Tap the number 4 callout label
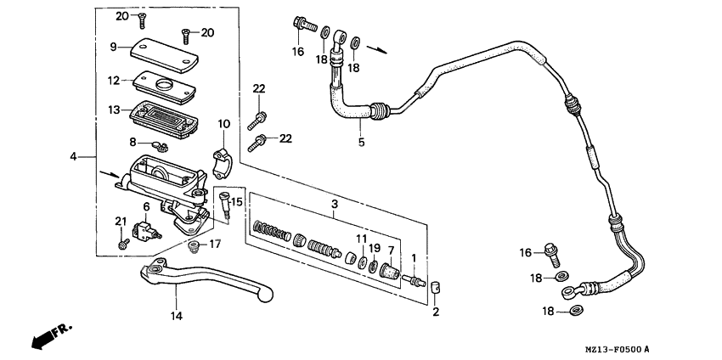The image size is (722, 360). [x=74, y=156]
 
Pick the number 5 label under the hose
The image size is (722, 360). [x=361, y=142]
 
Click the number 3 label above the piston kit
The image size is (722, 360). [x=335, y=204]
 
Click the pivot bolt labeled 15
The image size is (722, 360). [x=224, y=204]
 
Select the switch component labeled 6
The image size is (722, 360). [x=150, y=229]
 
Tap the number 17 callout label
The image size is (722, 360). [x=215, y=245]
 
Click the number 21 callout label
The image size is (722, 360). [x=121, y=222]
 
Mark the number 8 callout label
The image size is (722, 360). [x=133, y=142]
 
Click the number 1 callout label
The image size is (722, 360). [x=414, y=258]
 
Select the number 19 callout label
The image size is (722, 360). [x=375, y=248]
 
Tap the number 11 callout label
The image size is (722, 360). [x=361, y=239]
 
